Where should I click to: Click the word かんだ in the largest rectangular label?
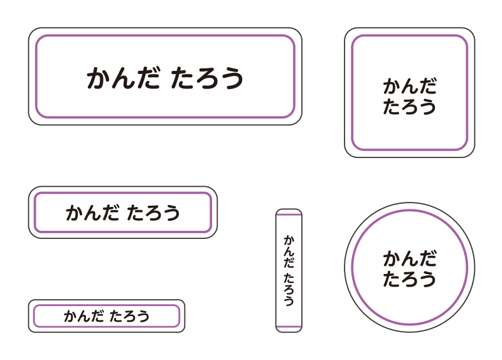pyautogui.click(x=124, y=78)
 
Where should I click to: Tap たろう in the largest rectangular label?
pyautogui.click(x=207, y=78)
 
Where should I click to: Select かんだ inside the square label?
pyautogui.click(x=410, y=86)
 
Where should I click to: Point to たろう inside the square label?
pyautogui.click(x=410, y=107)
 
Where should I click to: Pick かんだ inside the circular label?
pyautogui.click(x=410, y=258)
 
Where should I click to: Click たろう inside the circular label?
pyautogui.click(x=410, y=279)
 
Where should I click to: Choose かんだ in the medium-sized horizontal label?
pyautogui.click(x=93, y=213)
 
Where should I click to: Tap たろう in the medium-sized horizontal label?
pyautogui.click(x=153, y=213)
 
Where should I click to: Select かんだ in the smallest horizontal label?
pyautogui.click(x=83, y=316)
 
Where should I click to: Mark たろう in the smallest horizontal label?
pyautogui.click(x=129, y=316)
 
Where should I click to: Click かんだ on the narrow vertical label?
pyautogui.click(x=289, y=252)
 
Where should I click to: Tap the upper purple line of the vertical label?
pyautogui.click(x=289, y=215)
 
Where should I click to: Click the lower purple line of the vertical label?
pyautogui.click(x=289, y=327)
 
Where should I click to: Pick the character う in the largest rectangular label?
pyautogui.click(x=232, y=78)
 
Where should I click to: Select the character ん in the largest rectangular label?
pyautogui.click(x=124, y=78)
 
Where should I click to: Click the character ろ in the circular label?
pyautogui.click(x=410, y=279)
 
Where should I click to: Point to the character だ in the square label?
pyautogui.click(x=428, y=86)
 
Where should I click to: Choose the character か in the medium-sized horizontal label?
pyautogui.click(x=75, y=213)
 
